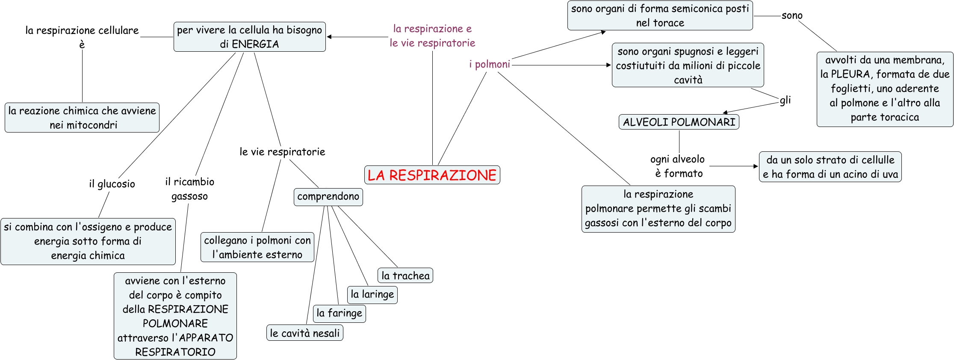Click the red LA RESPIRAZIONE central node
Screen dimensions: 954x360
432,175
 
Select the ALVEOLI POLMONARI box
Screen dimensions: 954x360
679,122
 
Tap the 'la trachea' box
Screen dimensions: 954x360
405,276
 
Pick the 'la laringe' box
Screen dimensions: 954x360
372,295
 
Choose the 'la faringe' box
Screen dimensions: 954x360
339,313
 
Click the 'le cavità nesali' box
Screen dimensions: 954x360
304,333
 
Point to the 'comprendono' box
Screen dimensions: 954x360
328,197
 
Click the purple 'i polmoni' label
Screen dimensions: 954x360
489,65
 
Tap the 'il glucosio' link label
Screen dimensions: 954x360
112,184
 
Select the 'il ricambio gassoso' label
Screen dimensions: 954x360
189,189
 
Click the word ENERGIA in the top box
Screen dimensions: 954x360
255,44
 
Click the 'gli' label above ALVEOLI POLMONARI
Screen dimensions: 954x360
785,100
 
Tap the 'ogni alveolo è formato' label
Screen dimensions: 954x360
678,166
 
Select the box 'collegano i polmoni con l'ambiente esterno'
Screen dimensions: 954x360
257,247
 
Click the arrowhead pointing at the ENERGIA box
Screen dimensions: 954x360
329,37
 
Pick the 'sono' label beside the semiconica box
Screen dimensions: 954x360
792,16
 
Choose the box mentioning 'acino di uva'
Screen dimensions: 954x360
830,167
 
